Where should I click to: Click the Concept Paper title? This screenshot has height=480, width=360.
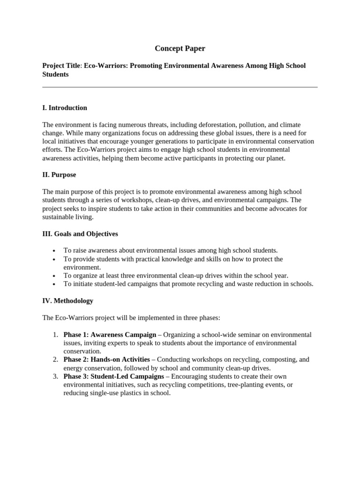tap(180, 48)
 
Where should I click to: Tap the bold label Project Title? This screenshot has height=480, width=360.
tap(61, 66)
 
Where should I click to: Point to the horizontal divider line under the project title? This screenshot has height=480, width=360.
tap(180, 87)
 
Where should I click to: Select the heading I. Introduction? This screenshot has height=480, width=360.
tap(65, 108)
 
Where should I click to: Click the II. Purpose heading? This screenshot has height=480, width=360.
tap(59, 175)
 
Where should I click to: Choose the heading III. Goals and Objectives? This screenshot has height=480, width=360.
tap(80, 233)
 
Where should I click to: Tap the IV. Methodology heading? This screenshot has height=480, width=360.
tap(67, 300)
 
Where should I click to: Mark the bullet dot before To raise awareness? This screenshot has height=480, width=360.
tap(55, 251)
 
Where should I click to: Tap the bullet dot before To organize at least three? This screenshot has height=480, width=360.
tap(55, 276)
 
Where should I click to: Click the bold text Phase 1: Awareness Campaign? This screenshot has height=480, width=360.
tap(110, 335)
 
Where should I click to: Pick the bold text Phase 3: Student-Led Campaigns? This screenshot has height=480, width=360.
tap(113, 376)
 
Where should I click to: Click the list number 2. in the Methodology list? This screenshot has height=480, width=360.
tap(55, 360)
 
